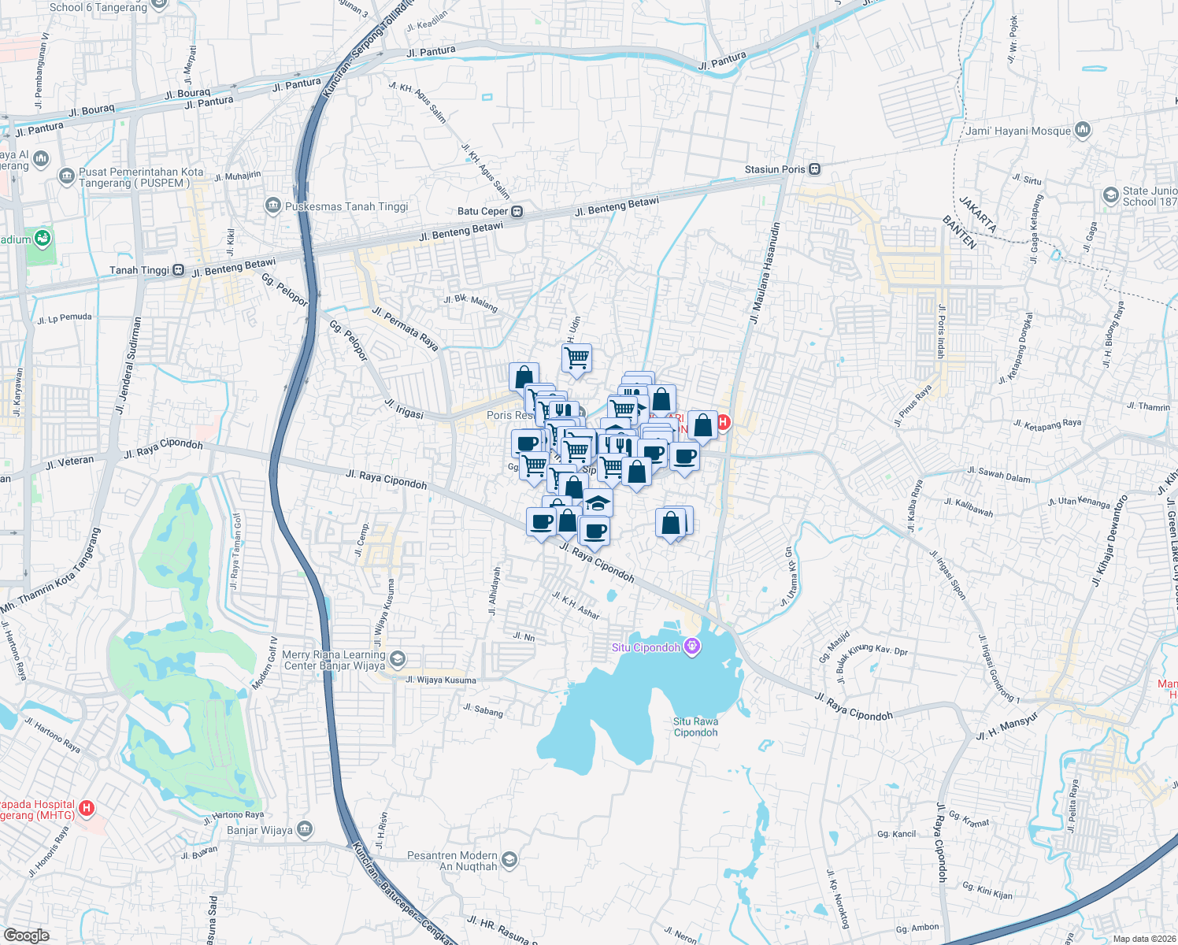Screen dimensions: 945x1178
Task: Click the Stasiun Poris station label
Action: coord(775,169)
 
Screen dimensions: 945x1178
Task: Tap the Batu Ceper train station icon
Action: coord(517,211)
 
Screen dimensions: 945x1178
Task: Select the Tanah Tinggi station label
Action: coord(139,270)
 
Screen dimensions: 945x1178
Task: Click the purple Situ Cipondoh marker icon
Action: coord(692,647)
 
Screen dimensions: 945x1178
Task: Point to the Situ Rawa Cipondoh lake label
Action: coord(695,727)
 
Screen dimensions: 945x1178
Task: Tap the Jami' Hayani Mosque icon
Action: coord(1083,130)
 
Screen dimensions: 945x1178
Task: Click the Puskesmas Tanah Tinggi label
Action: coord(346,206)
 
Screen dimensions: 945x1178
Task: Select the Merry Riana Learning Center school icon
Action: coord(398,658)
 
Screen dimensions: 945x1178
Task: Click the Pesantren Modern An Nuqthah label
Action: coord(452,861)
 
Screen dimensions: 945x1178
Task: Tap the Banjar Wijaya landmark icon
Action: coord(305,829)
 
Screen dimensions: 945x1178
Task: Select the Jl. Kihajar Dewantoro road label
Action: coord(1109,540)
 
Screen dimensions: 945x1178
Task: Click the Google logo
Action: coord(27,935)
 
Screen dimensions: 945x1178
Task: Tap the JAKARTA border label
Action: coord(978,213)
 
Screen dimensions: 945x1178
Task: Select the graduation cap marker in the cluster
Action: coord(598,502)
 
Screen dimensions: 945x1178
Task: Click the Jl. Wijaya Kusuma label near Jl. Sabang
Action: coord(441,680)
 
